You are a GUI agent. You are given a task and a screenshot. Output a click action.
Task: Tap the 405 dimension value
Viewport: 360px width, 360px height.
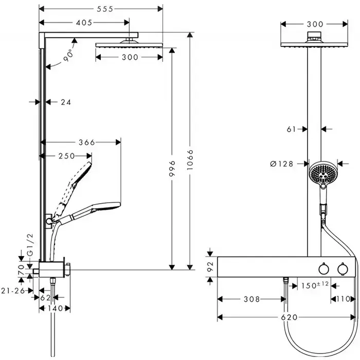pos(84,23)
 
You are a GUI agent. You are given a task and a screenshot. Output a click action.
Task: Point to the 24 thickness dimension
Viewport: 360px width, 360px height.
pos(65,102)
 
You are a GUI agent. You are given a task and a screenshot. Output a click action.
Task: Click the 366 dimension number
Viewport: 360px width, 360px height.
pos(87,142)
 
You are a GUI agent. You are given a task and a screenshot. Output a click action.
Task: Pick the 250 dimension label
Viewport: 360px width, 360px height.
pos(67,156)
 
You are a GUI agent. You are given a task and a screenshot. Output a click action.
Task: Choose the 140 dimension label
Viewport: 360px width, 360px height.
pos(55,308)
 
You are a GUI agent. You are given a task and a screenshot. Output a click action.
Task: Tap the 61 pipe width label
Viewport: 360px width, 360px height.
pos(292,129)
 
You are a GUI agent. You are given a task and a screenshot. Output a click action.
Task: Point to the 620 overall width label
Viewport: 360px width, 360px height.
pos(290,317)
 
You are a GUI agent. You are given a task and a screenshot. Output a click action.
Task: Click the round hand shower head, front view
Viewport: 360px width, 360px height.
pos(322,173)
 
